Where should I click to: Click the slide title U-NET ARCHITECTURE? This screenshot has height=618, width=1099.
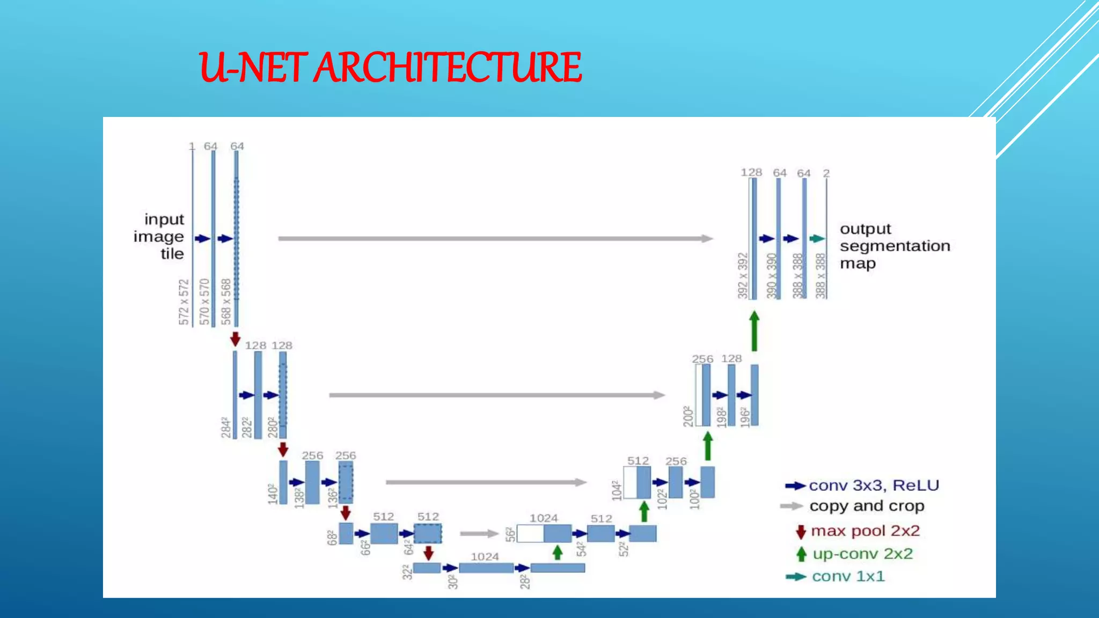(x=390, y=68)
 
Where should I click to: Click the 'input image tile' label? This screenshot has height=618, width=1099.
(x=159, y=237)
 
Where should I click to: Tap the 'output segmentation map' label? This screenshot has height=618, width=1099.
(x=895, y=246)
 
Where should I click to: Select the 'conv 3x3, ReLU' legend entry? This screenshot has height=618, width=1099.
(x=862, y=485)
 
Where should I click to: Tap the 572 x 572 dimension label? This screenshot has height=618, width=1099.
(x=184, y=302)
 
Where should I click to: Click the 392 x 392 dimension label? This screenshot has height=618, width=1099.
(x=743, y=276)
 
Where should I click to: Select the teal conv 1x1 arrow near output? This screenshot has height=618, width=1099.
(x=817, y=239)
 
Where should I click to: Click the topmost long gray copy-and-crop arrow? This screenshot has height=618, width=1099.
(x=495, y=239)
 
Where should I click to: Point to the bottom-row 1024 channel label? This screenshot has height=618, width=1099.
(x=485, y=557)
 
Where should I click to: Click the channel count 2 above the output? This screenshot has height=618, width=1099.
(x=826, y=173)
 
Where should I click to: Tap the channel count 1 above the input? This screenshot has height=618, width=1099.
(x=192, y=146)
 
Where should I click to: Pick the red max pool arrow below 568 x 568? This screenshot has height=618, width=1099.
(x=235, y=339)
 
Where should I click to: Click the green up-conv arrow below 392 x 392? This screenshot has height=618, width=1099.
(x=754, y=331)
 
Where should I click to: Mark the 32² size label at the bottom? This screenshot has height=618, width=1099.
(x=407, y=572)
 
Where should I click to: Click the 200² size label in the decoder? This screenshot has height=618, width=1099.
(x=688, y=416)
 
